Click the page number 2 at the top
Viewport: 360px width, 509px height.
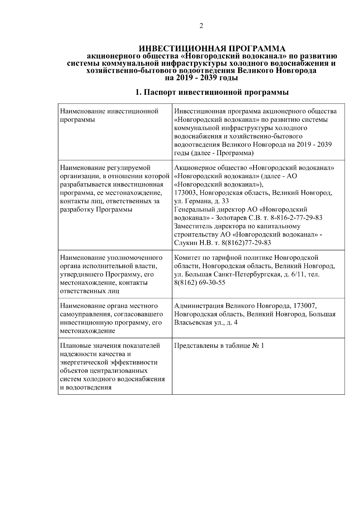(x=201, y=26)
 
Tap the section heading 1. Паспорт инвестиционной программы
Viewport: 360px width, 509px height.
(x=212, y=92)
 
